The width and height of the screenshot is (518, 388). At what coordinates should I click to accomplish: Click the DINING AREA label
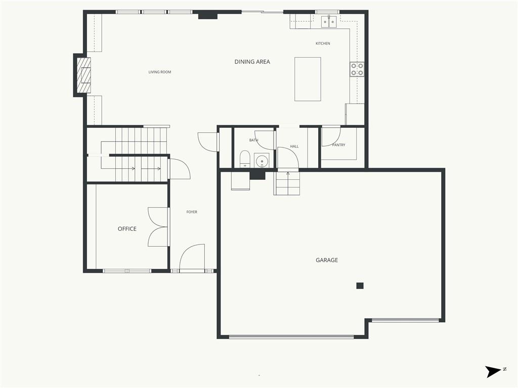coord(252,62)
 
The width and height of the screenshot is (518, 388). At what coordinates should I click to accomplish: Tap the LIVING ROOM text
coord(159,72)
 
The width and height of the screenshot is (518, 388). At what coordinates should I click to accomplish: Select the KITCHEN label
coord(323,43)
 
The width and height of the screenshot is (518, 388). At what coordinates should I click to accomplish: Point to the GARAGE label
coord(327,260)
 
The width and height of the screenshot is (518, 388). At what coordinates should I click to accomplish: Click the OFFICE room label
coord(127,229)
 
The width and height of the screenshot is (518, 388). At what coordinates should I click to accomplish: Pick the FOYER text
coord(192,212)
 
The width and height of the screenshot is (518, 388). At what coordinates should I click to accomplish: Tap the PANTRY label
coord(338,145)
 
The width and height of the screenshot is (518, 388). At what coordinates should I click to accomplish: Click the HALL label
coord(294,146)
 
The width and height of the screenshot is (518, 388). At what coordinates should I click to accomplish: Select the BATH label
coord(254,140)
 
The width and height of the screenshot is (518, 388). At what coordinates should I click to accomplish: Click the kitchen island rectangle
coord(308,79)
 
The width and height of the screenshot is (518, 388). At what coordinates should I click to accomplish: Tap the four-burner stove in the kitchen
coord(357,69)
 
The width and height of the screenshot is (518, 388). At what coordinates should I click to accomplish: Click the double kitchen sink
coord(329,21)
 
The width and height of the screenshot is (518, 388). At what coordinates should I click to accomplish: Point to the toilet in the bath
coord(244,159)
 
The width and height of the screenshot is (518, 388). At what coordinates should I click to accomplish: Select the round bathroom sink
coord(262,161)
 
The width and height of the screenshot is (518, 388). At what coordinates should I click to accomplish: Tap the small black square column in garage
coord(360,286)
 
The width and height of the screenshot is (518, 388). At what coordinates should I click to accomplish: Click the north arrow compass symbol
coord(493,371)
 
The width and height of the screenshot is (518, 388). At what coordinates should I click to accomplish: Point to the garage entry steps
coord(287,183)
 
